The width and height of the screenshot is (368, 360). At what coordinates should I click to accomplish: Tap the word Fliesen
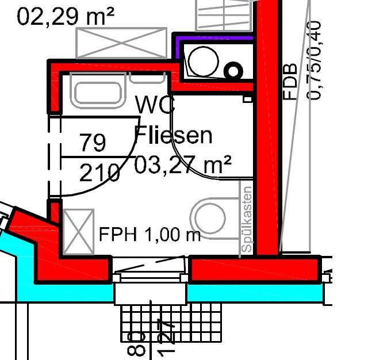click(173, 136)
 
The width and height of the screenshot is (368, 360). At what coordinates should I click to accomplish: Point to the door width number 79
click(92, 142)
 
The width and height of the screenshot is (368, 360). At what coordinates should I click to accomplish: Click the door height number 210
click(100, 172)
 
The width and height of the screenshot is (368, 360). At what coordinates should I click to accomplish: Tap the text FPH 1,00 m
click(149, 234)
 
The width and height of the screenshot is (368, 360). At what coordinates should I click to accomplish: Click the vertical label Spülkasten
click(247, 219)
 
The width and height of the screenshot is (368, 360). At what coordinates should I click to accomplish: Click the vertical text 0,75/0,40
click(315, 60)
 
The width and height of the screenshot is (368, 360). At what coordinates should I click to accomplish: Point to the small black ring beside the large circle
click(233, 71)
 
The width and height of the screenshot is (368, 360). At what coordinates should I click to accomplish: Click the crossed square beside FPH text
click(78, 232)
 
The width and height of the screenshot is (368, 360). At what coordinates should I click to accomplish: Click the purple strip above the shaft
click(214, 39)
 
